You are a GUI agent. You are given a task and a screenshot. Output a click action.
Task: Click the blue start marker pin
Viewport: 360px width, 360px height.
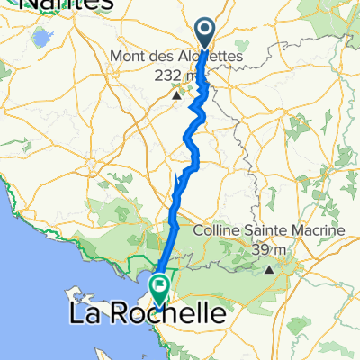click(x=206, y=35)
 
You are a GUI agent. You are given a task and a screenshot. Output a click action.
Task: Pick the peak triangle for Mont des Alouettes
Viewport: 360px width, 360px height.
click(x=178, y=93)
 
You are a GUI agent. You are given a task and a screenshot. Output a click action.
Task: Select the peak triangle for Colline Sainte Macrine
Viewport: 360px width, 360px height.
click(x=268, y=267)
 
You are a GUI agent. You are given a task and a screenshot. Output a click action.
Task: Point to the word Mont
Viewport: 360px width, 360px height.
click(x=127, y=56)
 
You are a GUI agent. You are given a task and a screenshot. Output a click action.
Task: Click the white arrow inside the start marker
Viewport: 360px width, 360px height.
click(x=206, y=31)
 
